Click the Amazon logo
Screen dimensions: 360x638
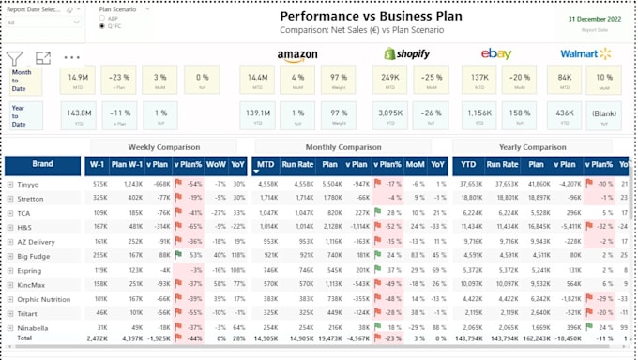click(x=296, y=55)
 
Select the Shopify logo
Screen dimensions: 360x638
click(x=406, y=54)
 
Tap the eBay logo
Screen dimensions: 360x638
click(x=496, y=54)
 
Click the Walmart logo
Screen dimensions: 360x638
click(x=585, y=54)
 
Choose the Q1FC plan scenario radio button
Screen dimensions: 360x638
click(x=102, y=27)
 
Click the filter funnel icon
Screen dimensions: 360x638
click(x=15, y=58)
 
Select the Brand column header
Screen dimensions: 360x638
click(x=43, y=165)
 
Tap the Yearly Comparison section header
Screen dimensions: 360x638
click(x=532, y=147)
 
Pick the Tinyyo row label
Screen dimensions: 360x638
click(x=29, y=185)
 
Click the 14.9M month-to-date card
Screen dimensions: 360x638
click(x=78, y=80)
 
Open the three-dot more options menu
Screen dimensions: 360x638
click(x=72, y=58)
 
